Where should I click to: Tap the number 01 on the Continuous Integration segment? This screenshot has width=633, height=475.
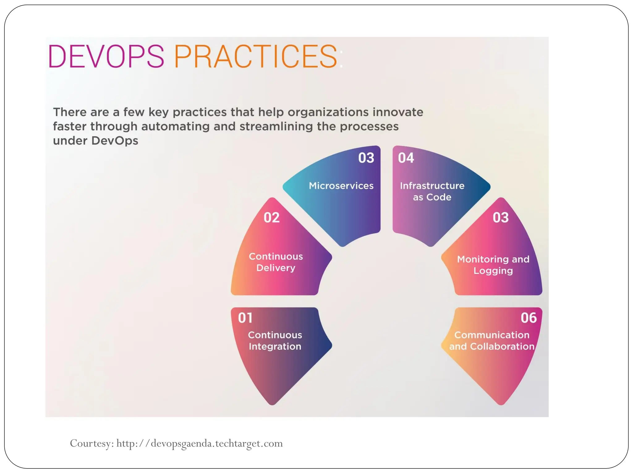coord(245,318)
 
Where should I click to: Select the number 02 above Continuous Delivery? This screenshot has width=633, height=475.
coord(272,218)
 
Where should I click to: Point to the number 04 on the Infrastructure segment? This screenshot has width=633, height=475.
coord(406,158)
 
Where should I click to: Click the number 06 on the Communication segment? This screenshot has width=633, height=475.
coord(529,318)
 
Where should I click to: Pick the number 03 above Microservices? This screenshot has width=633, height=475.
coord(366,158)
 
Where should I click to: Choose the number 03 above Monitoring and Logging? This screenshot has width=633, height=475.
coord(501,218)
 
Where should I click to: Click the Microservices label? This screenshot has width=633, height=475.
coord(341,186)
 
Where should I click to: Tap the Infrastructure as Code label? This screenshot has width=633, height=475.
coord(432,191)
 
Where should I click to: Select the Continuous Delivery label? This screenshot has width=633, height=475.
coord(276,262)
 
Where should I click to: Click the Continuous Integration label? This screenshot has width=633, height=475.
coord(275,341)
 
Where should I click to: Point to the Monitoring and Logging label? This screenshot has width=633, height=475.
coord(493,265)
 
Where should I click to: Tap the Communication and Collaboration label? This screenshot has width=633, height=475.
coord(492,341)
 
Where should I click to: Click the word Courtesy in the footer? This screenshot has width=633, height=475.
coord(92,443)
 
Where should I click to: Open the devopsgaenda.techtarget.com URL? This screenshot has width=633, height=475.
coord(200,443)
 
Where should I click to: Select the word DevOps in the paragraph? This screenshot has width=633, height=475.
coord(115,141)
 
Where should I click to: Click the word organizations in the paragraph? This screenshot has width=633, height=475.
coord(328,112)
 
